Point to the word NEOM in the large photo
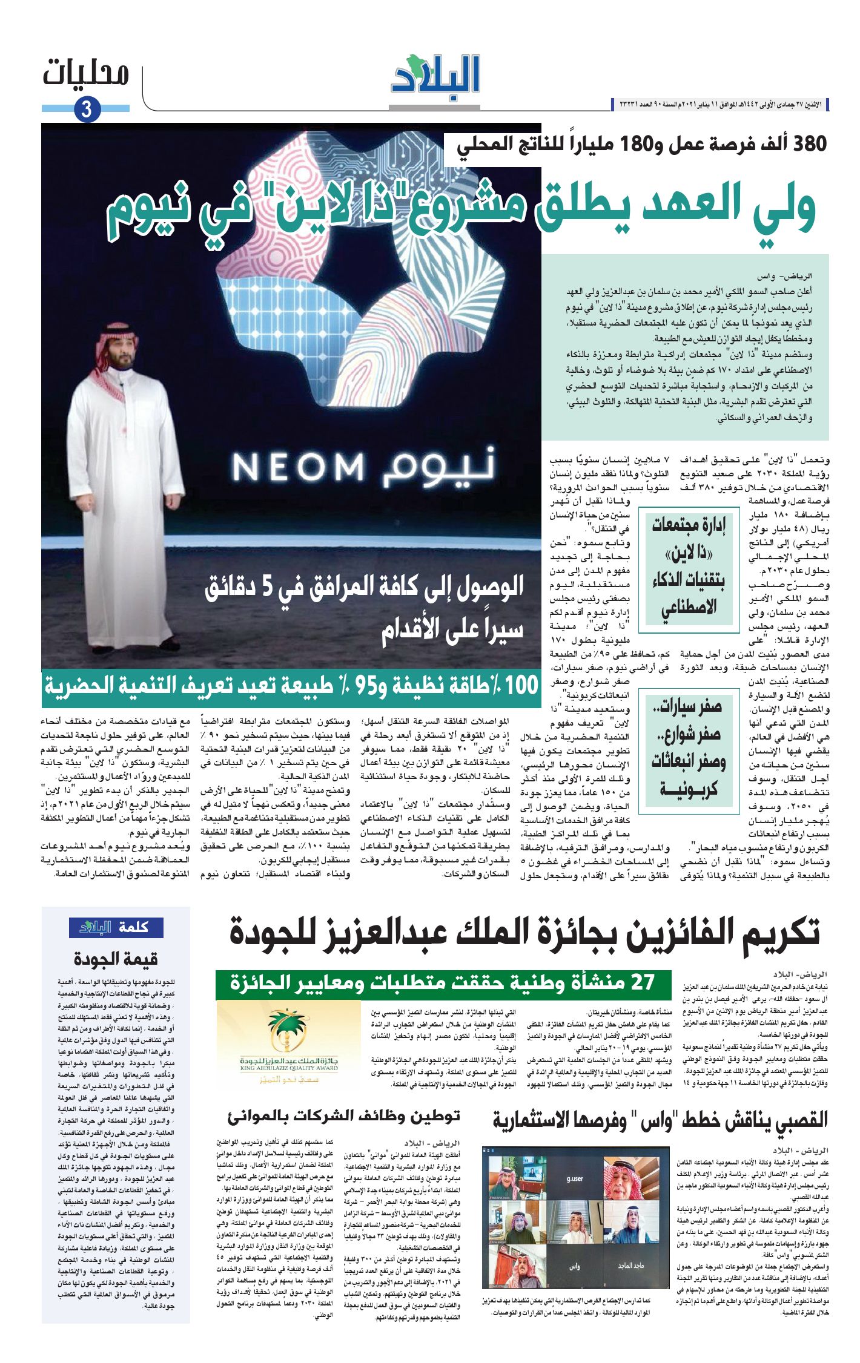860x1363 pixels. tap(298, 467)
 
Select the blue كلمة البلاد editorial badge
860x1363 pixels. tap(116, 927)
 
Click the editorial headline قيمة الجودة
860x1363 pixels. tap(116, 959)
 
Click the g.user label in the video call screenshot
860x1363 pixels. tap(574, 1178)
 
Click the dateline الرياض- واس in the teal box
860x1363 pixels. tap(797, 277)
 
